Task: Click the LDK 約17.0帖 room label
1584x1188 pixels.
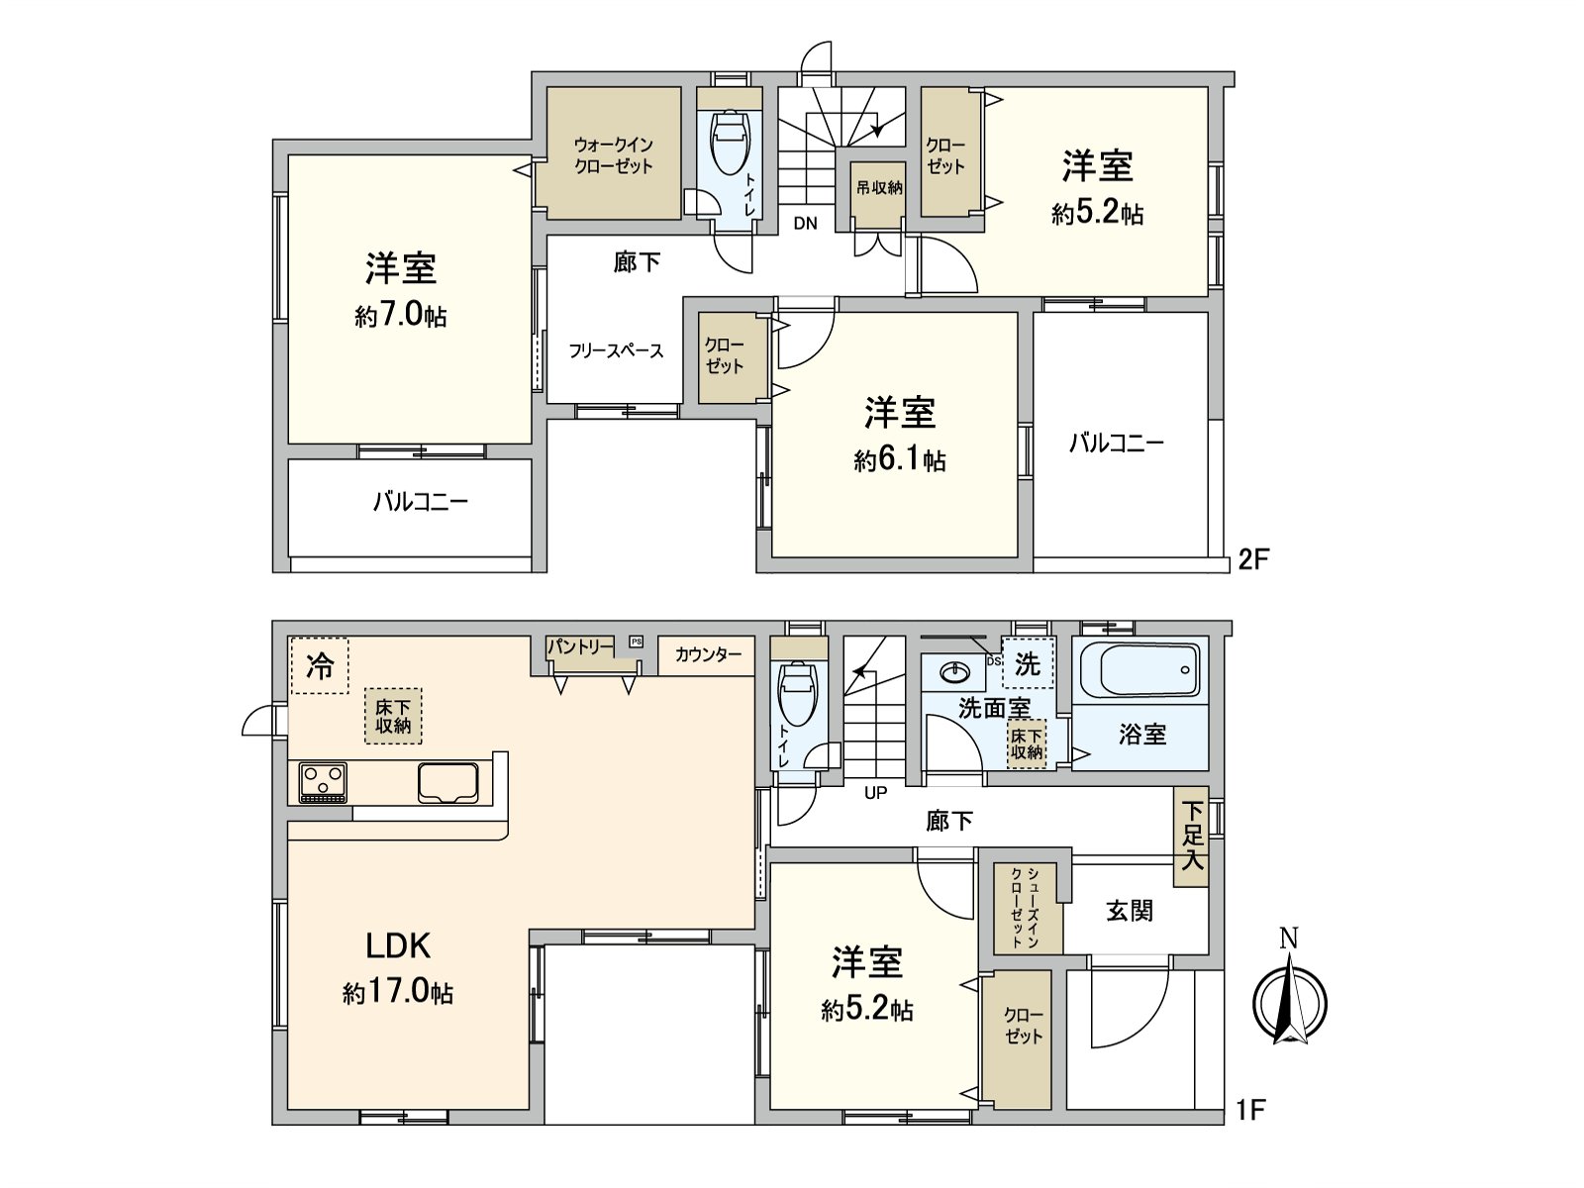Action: [399, 968]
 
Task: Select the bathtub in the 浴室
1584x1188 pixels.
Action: [1140, 670]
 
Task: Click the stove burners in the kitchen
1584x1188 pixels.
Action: [323, 782]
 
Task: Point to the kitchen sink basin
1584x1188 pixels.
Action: [448, 783]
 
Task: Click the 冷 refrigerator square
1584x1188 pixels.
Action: [320, 665]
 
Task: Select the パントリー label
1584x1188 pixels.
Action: [580, 646]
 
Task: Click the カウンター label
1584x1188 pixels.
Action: [708, 654]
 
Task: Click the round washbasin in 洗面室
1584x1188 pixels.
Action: [955, 673]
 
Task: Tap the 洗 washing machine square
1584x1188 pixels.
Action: [1029, 663]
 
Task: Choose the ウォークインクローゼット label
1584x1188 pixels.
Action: [614, 155]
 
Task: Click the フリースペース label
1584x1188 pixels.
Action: [616, 350]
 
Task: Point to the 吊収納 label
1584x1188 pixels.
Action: [878, 187]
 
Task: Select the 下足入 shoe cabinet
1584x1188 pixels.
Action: [1192, 836]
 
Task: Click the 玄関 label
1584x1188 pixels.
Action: [1130, 910]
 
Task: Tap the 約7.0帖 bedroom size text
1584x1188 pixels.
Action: [401, 316]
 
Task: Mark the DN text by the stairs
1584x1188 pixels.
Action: [805, 224]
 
